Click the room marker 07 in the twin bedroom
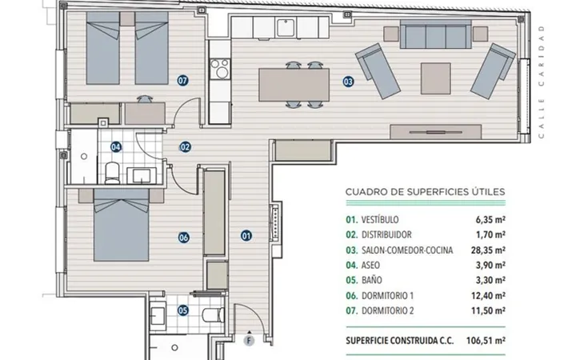182,80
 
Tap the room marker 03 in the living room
348,82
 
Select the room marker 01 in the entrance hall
246,235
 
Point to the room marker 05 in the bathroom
183,310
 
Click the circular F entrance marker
249,341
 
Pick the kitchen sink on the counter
286,27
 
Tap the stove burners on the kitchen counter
220,69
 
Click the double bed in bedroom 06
122,225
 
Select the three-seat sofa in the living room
436,34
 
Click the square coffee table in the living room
436,78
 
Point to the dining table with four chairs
294,85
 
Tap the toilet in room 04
112,173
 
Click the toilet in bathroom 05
214,315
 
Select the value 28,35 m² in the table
488,250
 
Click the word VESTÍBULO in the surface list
380,220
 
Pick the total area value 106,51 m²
486,341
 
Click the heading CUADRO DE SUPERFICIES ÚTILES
425,192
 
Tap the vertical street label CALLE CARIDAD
541,82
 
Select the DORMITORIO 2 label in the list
387,310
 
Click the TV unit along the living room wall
436,131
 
